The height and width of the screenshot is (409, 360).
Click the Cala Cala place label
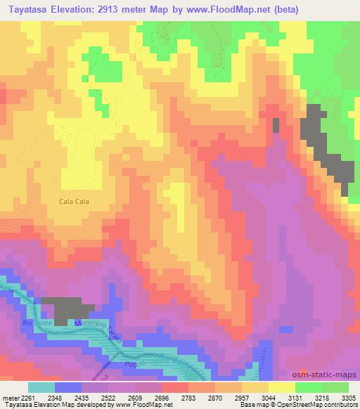click(74, 200)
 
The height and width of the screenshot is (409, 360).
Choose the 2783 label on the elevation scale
click(186, 397)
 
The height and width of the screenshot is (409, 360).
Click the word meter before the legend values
click(11, 397)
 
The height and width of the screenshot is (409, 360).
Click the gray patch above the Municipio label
click(67, 309)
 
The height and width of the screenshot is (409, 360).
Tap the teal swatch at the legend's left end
click(41, 387)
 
